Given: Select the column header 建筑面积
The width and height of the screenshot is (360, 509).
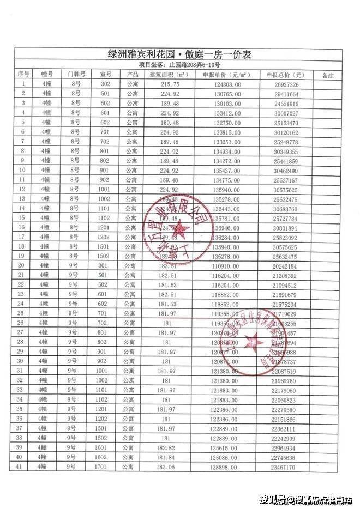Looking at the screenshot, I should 169,75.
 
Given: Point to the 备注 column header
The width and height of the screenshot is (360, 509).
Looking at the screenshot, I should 328,75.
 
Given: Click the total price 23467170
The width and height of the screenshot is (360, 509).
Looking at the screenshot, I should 283,467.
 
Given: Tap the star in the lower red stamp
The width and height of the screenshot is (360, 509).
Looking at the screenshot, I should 254,342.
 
